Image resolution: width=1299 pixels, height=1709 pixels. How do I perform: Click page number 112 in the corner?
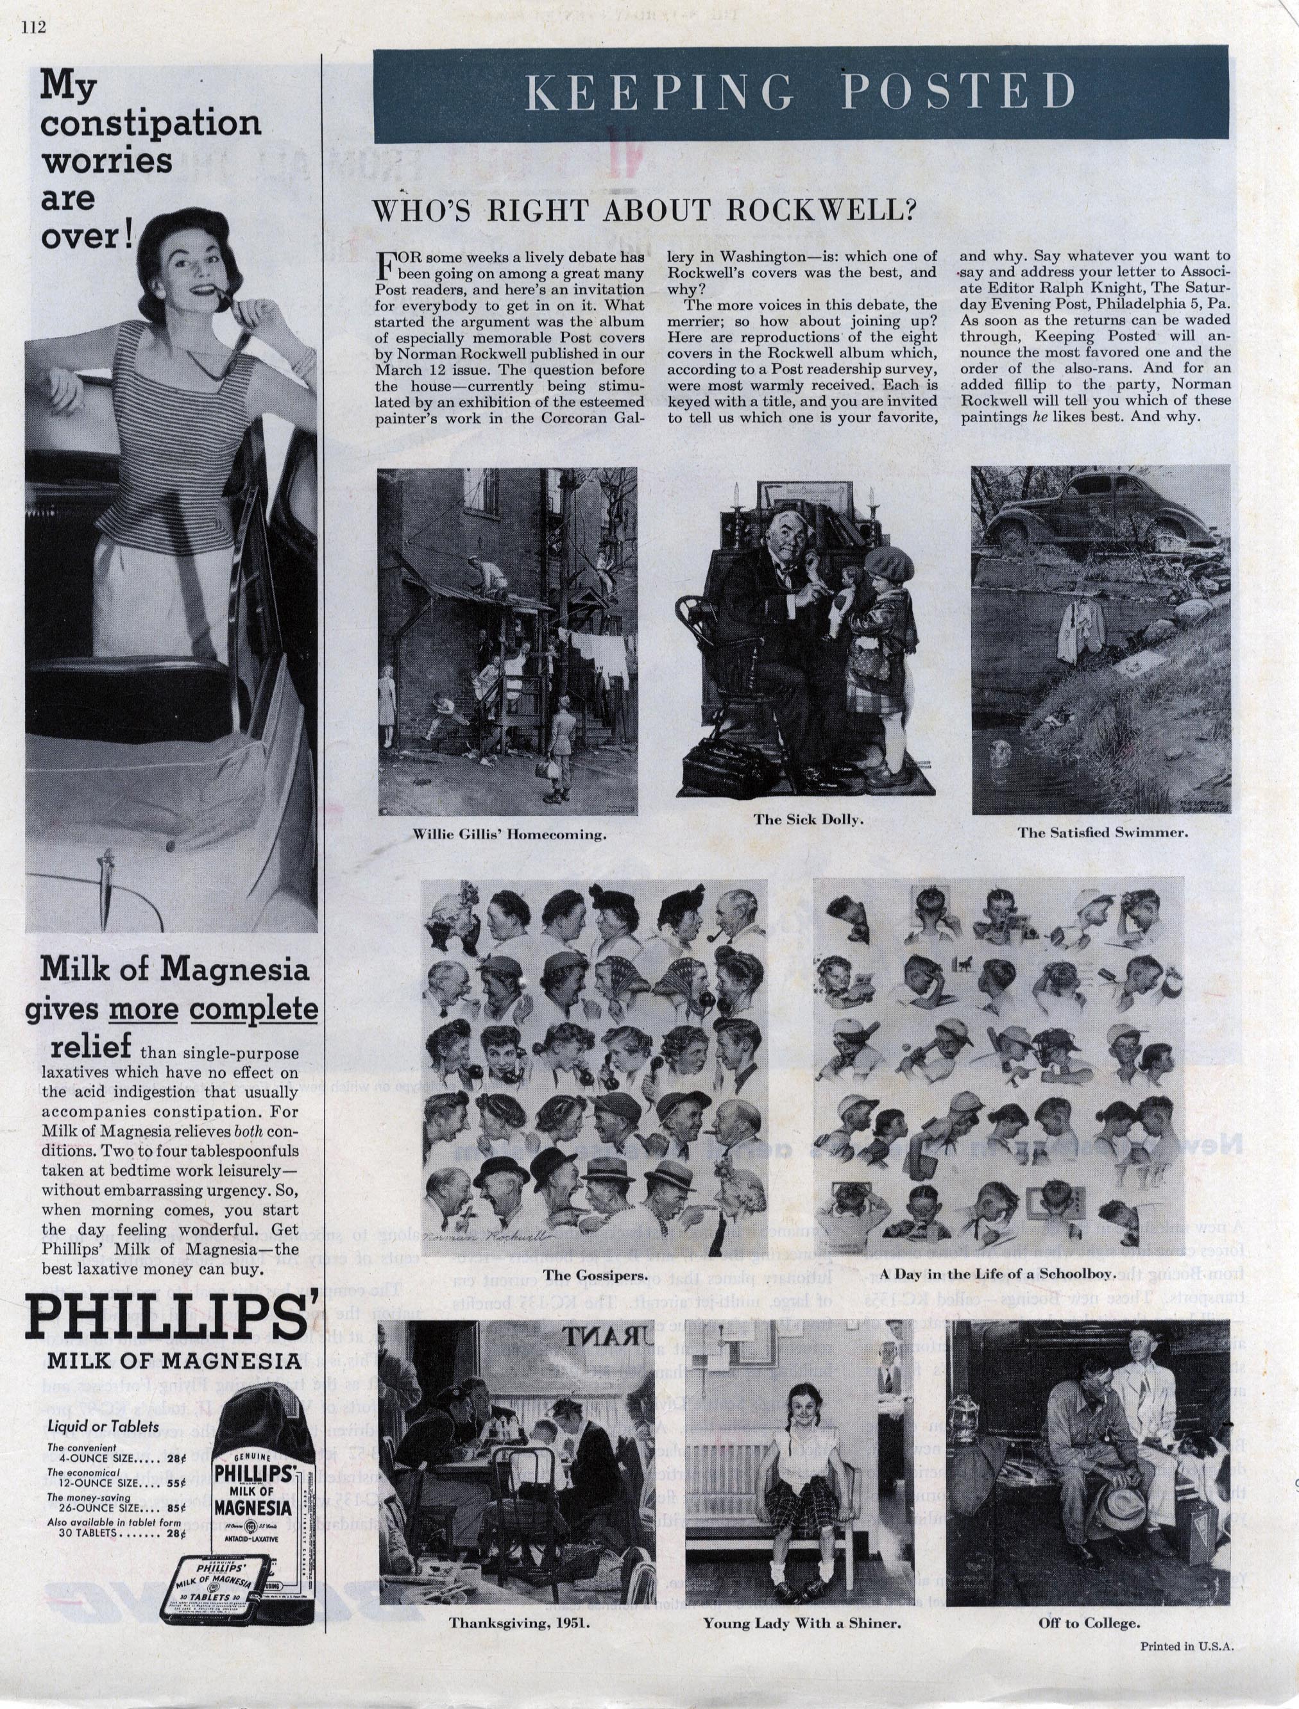(35, 28)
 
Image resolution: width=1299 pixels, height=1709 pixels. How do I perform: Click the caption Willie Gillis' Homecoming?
(509, 835)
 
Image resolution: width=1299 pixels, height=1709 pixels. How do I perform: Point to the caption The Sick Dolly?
(808, 820)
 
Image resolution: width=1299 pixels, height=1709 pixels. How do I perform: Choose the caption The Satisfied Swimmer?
(1103, 833)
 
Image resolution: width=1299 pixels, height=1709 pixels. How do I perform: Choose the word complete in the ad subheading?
(253, 1009)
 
